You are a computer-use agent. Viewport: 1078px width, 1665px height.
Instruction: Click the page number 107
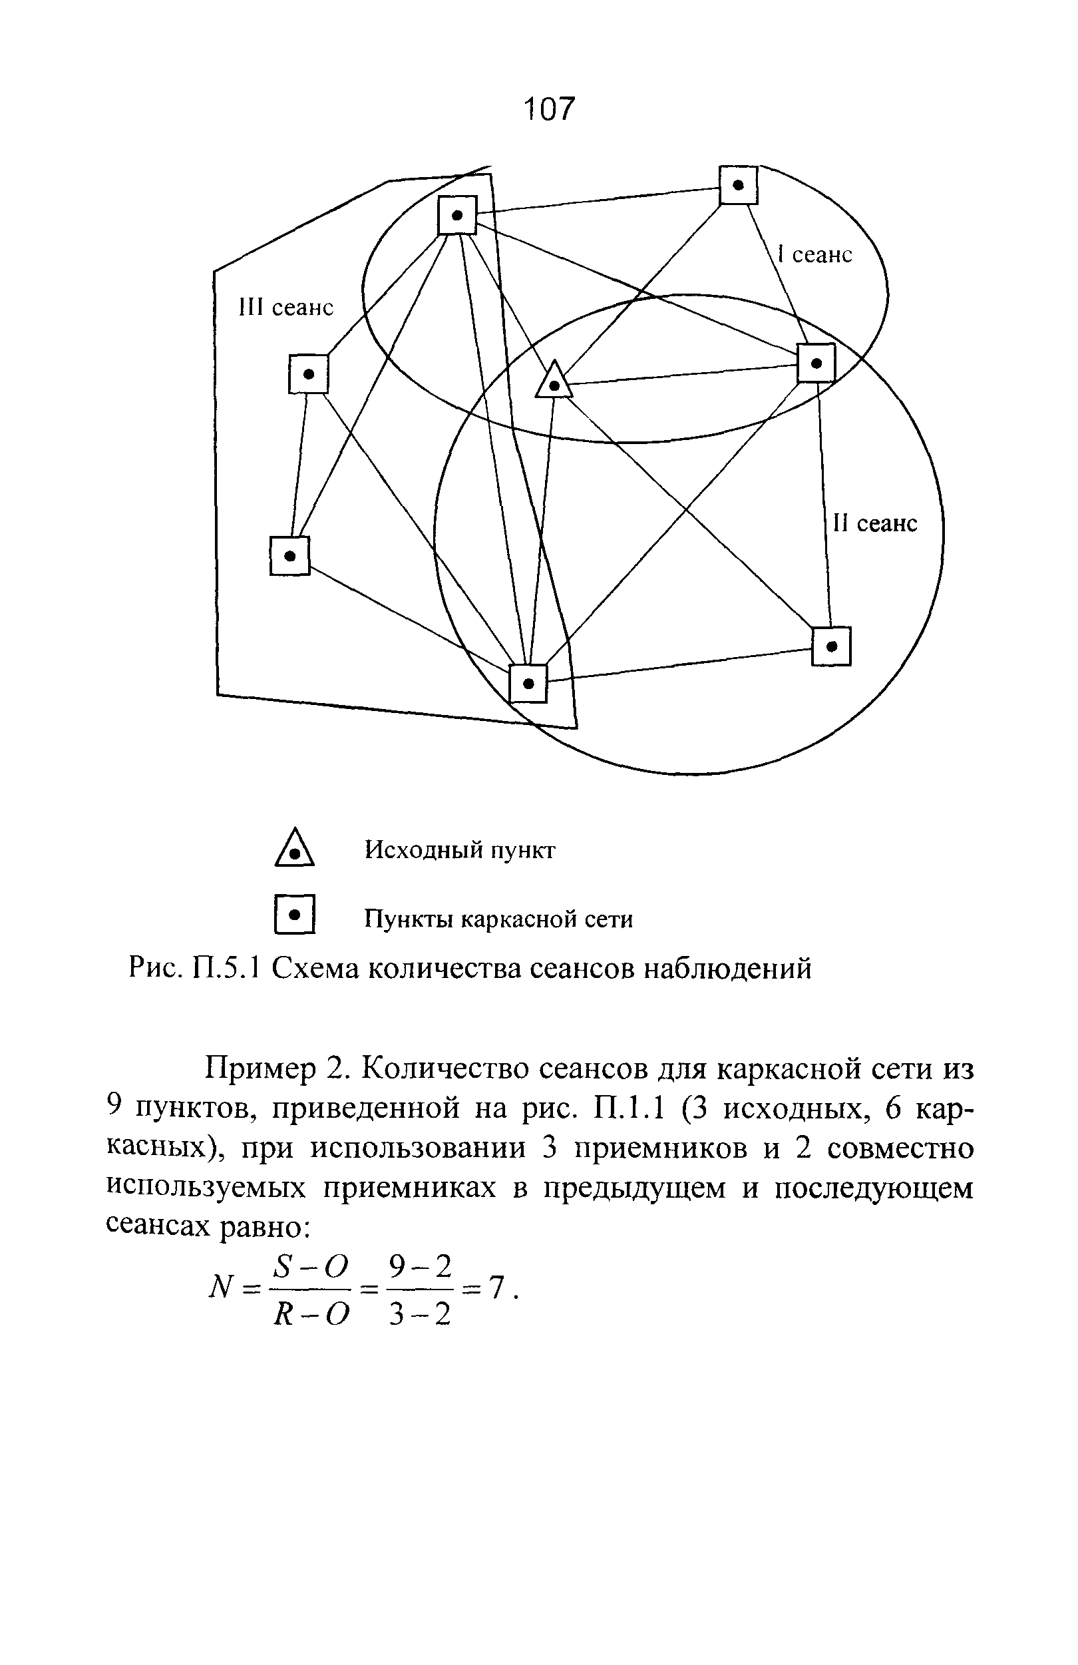549,109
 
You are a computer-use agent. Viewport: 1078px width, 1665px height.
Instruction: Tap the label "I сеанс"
815,255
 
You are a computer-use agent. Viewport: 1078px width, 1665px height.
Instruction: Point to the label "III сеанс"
286,307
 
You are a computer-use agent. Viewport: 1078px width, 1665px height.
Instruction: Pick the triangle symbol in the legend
294,849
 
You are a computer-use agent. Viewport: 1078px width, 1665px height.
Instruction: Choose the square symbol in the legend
295,914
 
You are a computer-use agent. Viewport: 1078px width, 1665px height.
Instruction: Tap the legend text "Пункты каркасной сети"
498,919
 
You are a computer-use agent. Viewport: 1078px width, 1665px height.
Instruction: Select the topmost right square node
738,185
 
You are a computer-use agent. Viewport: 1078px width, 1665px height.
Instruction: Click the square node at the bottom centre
528,683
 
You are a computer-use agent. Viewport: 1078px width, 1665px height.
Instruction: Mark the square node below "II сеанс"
831,646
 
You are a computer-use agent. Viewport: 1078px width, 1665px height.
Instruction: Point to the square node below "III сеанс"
308,374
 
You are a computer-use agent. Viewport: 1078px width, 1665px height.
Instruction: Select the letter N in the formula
220,1286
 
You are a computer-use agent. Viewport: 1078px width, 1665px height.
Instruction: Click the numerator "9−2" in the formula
419,1266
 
